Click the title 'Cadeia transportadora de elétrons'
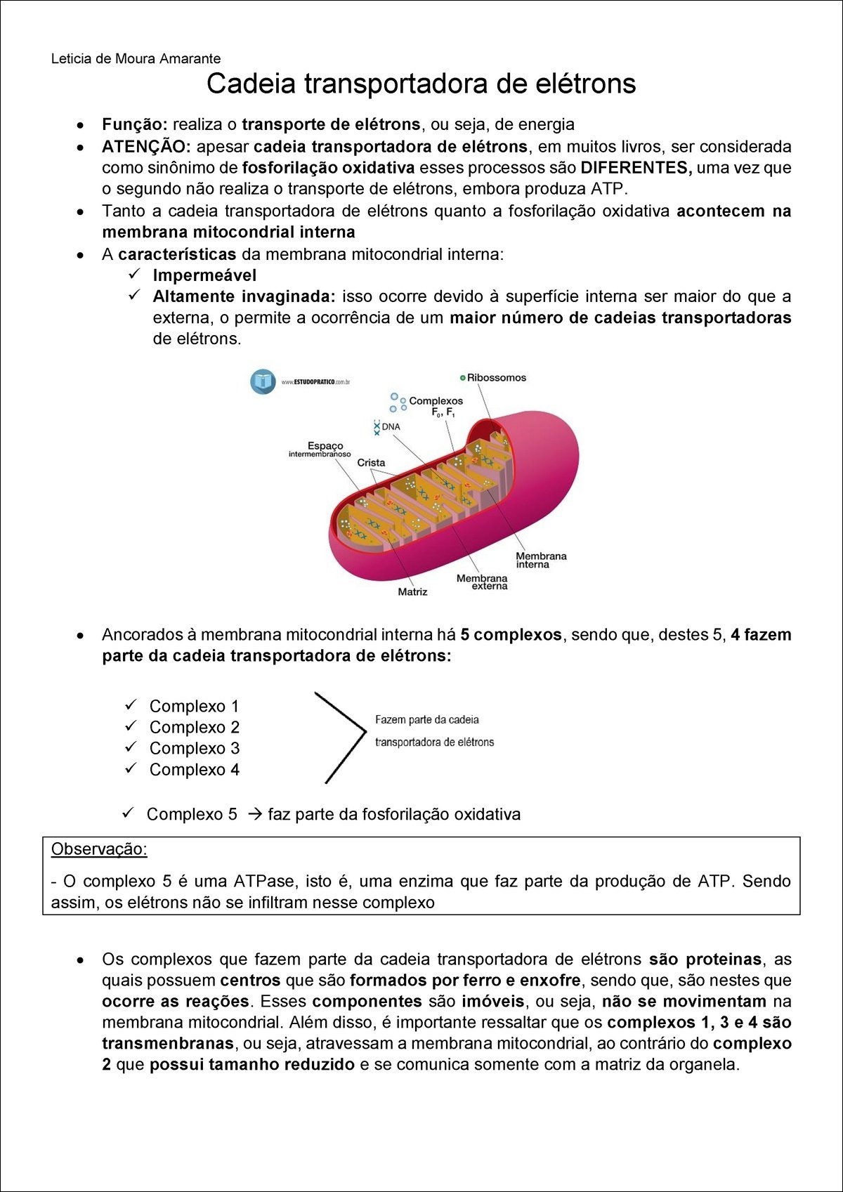click(421, 84)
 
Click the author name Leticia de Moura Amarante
click(136, 59)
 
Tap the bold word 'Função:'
click(134, 125)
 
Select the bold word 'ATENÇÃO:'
click(146, 147)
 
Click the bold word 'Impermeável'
click(204, 275)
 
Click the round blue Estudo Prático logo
click(263, 381)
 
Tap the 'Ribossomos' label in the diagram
click(496, 378)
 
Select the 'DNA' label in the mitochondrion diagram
click(391, 427)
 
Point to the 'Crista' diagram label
click(371, 463)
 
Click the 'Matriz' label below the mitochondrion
click(412, 592)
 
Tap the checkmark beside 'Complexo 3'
click(131, 747)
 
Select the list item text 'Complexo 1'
click(194, 706)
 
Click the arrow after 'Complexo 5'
click(256, 815)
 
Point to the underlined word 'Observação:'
click(99, 849)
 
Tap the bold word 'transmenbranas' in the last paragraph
click(167, 1044)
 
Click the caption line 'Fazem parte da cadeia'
click(427, 720)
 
